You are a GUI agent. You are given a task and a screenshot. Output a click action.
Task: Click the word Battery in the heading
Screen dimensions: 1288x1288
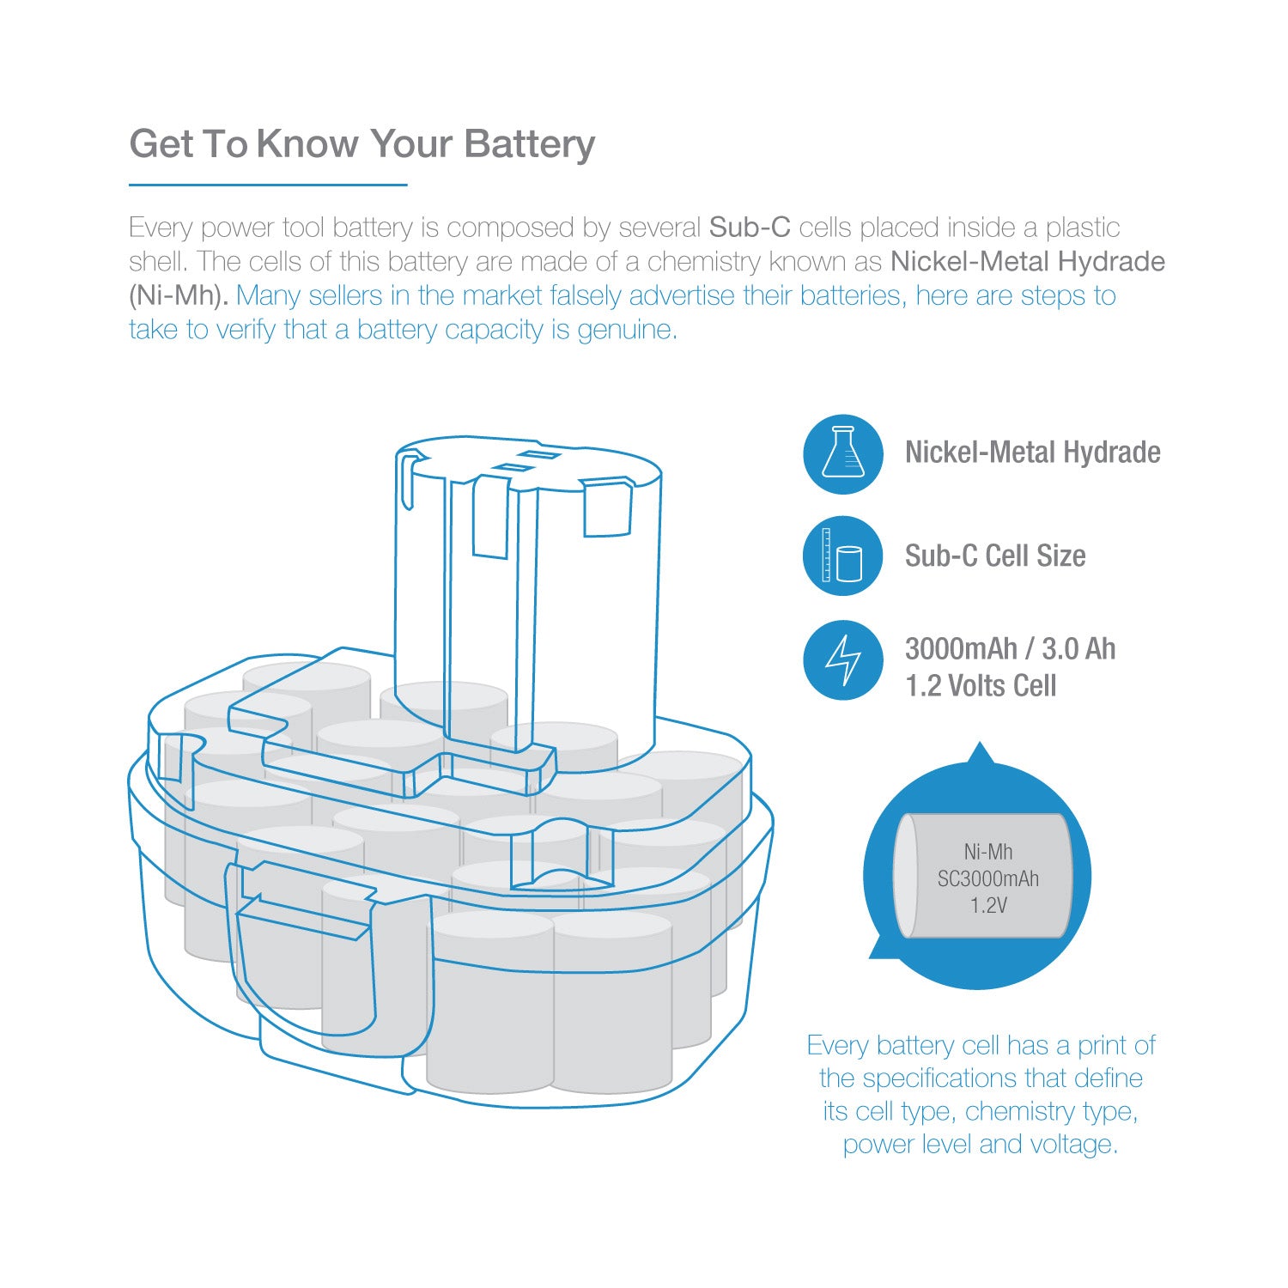click(x=529, y=144)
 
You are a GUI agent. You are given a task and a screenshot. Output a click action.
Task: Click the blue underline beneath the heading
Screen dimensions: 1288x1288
click(x=267, y=184)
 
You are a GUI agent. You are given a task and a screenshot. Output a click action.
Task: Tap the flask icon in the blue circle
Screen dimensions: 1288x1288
click(x=842, y=454)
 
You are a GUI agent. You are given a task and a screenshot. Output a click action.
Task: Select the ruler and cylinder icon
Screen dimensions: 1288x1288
click(x=842, y=556)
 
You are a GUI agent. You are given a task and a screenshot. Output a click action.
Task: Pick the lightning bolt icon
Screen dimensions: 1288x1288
click(x=842, y=660)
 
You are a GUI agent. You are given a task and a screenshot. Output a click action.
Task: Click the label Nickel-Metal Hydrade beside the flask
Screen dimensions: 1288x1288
click(x=1032, y=453)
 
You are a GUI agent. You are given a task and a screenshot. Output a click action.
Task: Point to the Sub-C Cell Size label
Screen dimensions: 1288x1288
click(x=994, y=556)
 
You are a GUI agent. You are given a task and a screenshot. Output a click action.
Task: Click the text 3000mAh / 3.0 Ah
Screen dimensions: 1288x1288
click(x=1010, y=648)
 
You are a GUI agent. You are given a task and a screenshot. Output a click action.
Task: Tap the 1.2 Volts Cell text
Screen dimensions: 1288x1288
click(x=980, y=686)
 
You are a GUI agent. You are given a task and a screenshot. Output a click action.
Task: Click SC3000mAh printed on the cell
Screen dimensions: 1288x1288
click(x=987, y=878)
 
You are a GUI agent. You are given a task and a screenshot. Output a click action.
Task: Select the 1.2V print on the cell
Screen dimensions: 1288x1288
click(x=988, y=905)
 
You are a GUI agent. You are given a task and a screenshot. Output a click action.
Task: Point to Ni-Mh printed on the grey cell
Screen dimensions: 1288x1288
click(x=987, y=852)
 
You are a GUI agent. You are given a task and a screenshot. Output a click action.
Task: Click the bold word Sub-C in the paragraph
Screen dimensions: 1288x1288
click(x=749, y=228)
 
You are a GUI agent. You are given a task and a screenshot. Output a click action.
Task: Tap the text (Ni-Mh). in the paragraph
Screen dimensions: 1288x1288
click(x=179, y=295)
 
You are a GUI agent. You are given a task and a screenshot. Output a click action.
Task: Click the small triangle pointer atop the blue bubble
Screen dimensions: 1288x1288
click(x=980, y=754)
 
